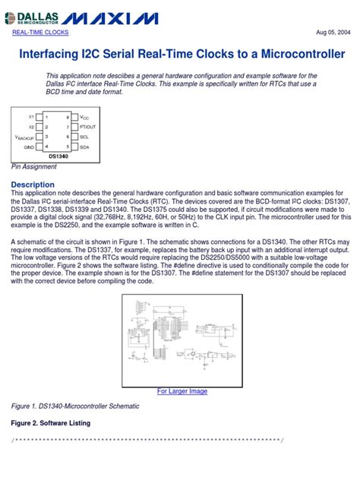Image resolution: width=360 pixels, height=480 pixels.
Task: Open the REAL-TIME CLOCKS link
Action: [40, 33]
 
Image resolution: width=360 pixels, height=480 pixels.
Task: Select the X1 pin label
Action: [31, 117]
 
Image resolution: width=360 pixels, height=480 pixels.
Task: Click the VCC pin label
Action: [84, 118]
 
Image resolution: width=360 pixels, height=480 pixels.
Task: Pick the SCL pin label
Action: [84, 136]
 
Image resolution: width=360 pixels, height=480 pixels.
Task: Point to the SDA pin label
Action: [84, 146]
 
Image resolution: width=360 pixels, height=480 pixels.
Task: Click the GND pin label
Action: [29, 146]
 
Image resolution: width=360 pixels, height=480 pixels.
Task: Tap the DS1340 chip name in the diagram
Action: [58, 156]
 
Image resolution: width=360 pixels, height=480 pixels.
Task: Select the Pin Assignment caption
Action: [34, 166]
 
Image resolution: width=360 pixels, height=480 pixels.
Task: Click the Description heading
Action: [33, 185]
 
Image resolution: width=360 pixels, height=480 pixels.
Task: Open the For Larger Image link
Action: [182, 391]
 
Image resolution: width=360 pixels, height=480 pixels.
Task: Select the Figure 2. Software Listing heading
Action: [51, 423]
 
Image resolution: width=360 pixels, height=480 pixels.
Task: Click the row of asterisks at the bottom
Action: [147, 441]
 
